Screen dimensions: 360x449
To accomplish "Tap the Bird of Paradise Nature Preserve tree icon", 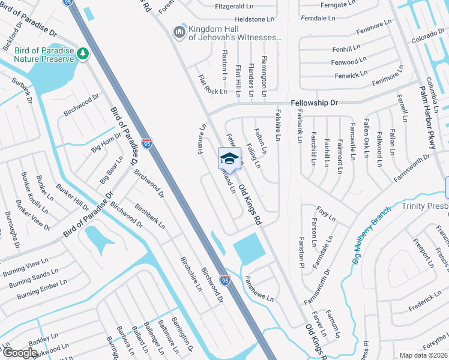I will tap(83, 54).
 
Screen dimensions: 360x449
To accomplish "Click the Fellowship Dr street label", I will tap(315, 103).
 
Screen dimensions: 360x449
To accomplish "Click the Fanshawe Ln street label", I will tap(259, 289).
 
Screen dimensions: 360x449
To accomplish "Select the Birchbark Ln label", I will tap(150, 217).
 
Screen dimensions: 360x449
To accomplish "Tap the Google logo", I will tap(20, 353).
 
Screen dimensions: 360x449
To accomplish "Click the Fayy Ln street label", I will tap(326, 212).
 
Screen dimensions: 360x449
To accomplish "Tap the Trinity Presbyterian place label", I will tap(421, 206).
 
